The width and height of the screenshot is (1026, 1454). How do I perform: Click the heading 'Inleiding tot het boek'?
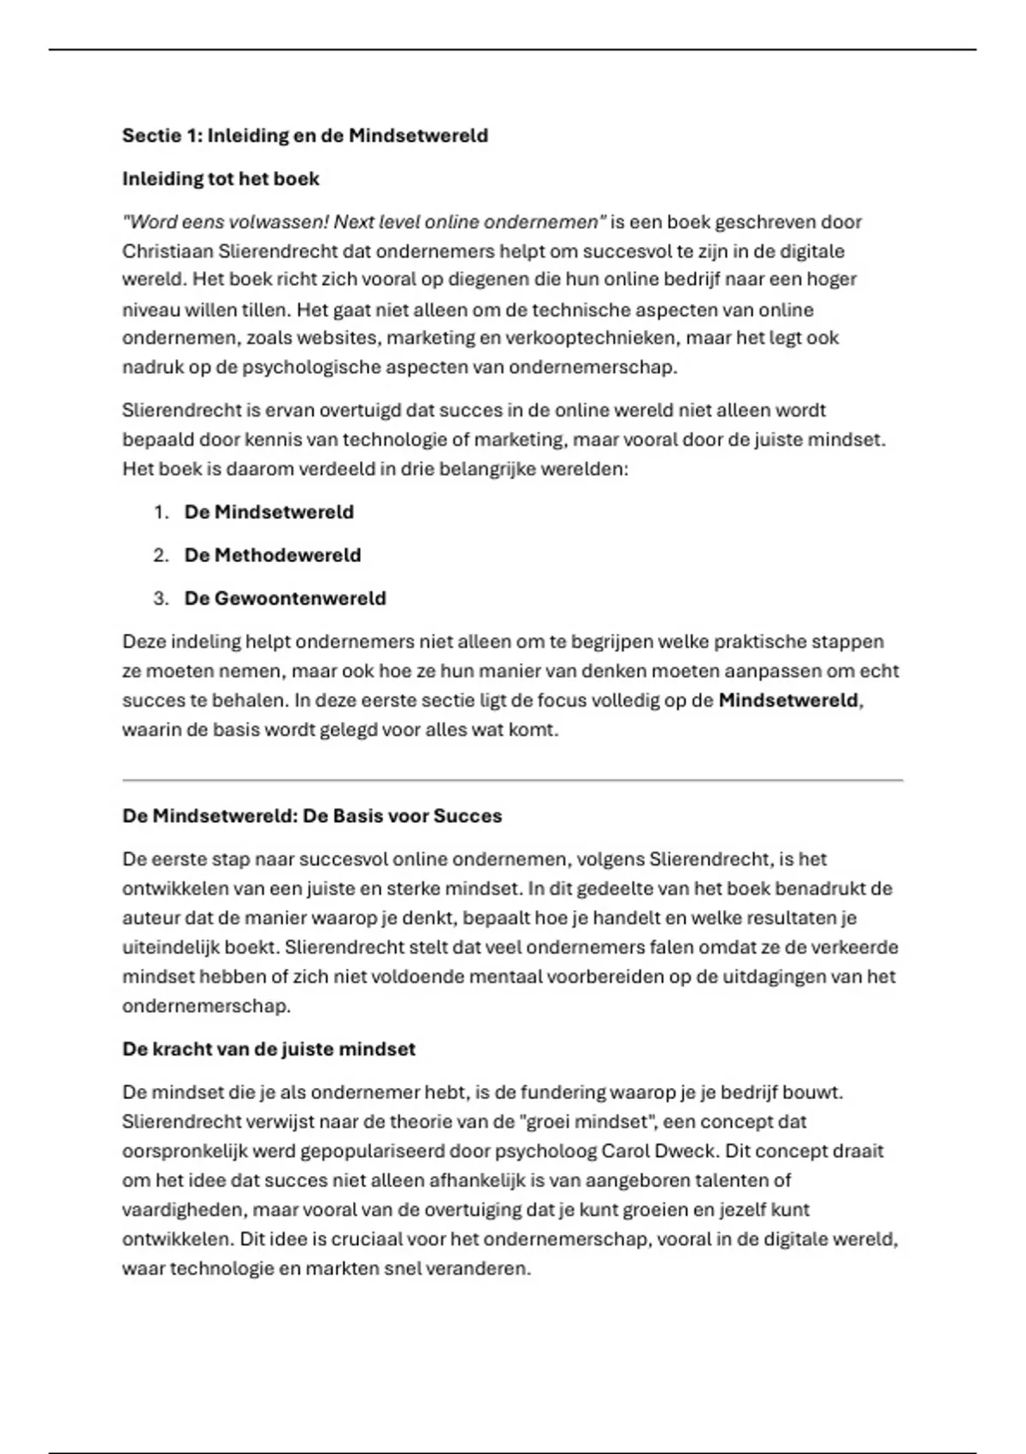221,179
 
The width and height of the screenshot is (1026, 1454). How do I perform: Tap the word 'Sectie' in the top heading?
146,135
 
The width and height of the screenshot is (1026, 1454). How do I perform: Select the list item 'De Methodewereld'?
273,555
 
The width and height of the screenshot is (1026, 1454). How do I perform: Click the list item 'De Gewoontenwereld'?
285,599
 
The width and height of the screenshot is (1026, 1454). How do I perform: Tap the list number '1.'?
162,512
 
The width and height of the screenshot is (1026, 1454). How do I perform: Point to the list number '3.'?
162,599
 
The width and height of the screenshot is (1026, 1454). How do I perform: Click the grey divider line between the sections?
513,780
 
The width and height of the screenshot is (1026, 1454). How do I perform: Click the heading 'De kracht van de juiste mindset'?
268,1049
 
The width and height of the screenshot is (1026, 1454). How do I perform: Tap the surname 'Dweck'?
685,1151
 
